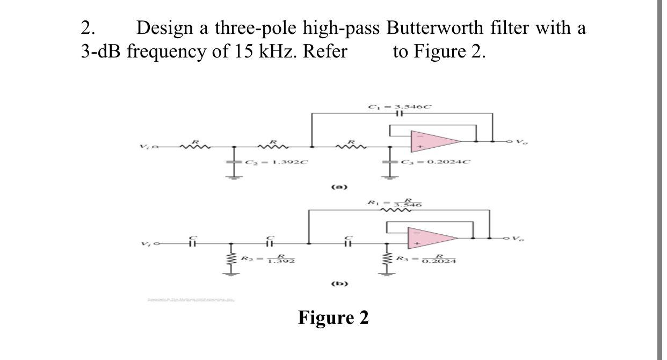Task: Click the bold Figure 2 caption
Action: pos(334,318)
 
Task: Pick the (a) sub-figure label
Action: pos(340,187)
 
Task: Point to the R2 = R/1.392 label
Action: pos(271,260)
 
